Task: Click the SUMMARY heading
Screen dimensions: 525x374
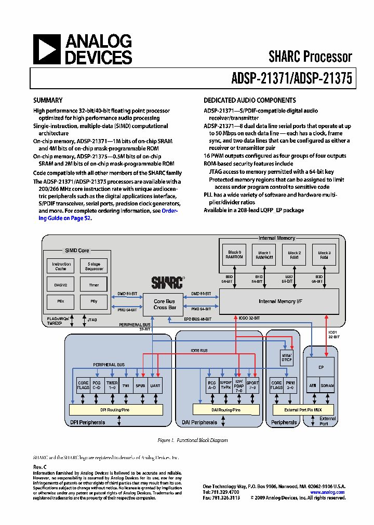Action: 48,100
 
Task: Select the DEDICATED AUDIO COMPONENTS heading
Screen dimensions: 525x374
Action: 250,100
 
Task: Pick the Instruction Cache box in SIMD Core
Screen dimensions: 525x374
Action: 61,266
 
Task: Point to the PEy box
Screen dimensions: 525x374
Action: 94,301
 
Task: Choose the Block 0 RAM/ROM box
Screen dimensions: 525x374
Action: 234,254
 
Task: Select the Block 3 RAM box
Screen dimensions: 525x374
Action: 325,254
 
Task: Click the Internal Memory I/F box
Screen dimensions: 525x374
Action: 279,301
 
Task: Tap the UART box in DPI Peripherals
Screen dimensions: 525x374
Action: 155,385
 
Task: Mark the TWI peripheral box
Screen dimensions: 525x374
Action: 126,385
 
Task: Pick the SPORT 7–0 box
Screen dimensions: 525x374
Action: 252,385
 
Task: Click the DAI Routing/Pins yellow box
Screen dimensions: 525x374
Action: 226,410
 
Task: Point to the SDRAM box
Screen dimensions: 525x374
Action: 327,385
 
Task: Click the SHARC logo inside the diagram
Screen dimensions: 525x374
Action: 167,282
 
